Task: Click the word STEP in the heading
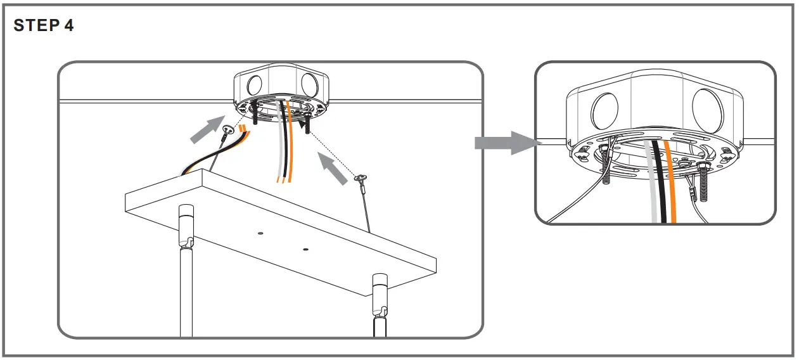35,26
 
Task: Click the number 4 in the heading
68,26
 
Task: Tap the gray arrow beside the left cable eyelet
206,129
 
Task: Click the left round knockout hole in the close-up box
604,110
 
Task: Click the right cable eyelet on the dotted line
360,181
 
